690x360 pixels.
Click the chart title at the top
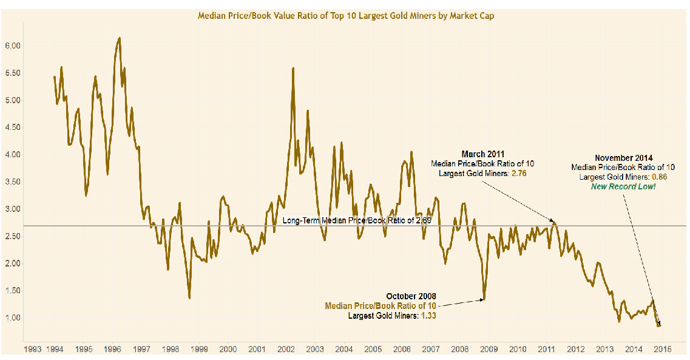[x=346, y=16]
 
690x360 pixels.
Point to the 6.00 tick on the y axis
[x=13, y=46]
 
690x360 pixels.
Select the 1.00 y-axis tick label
[x=13, y=318]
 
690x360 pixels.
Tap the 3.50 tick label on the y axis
[x=13, y=182]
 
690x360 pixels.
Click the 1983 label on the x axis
[x=32, y=349]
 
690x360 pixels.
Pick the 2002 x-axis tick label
[x=286, y=349]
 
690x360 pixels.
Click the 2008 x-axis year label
[x=460, y=349]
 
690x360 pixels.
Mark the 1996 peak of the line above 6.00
[x=119, y=38]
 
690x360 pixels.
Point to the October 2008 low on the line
[x=484, y=299]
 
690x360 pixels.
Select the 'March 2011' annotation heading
[x=482, y=154]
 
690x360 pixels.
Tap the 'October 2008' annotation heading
[x=411, y=296]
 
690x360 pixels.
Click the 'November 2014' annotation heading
[x=623, y=157]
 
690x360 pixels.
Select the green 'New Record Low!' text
[x=623, y=186]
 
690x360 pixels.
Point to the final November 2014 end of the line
[x=660, y=326]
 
